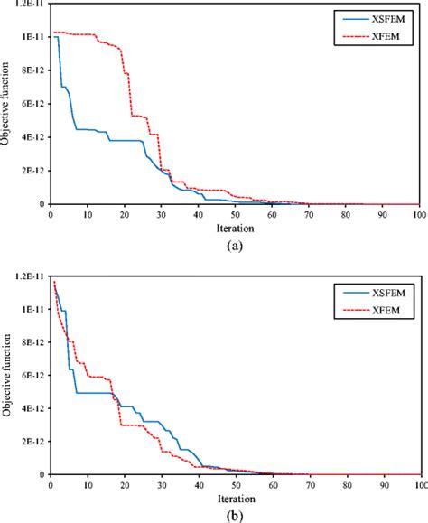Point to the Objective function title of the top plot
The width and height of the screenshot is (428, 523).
pyautogui.click(x=7, y=102)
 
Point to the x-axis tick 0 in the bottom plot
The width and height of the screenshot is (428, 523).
pyautogui.click(x=51, y=485)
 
